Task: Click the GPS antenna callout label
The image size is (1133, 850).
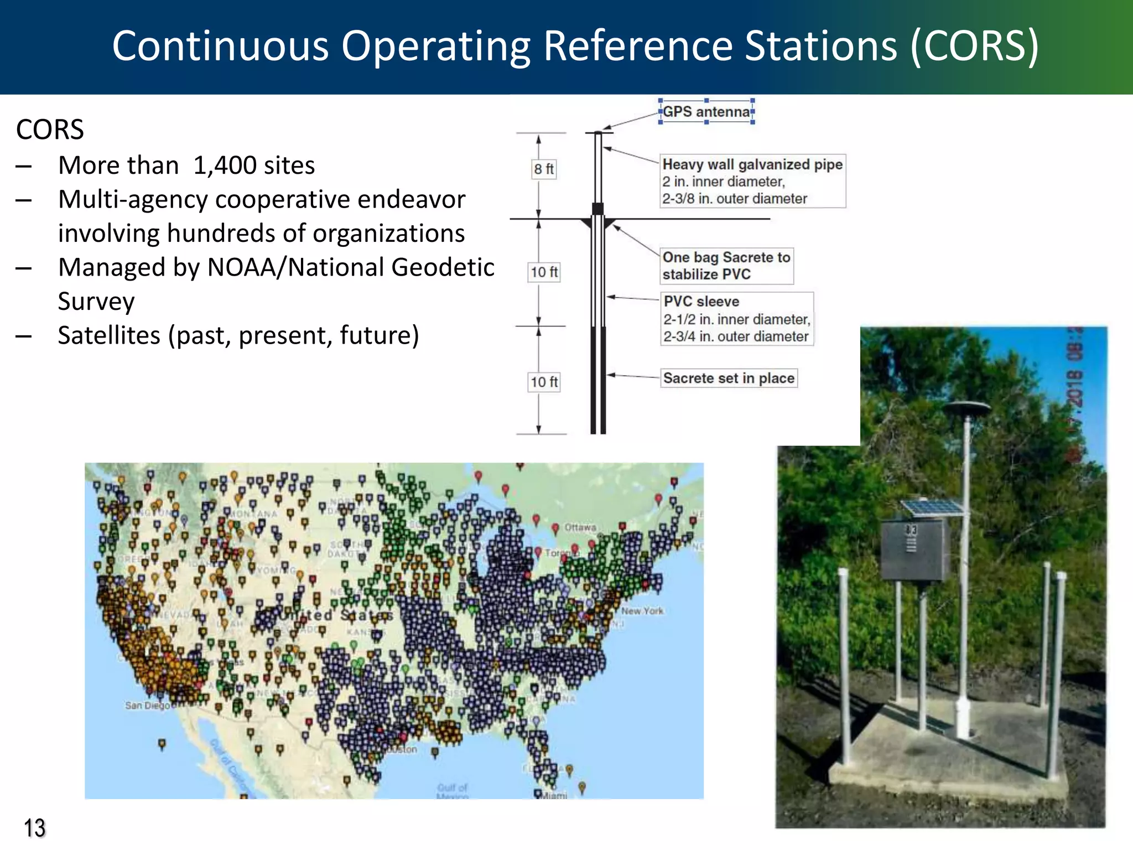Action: click(x=706, y=112)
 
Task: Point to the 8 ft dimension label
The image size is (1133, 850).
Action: click(x=544, y=169)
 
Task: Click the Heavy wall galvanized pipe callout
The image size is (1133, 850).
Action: click(x=752, y=164)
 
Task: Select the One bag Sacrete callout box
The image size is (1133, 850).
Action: click(x=726, y=266)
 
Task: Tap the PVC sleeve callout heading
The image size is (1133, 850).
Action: click(x=701, y=302)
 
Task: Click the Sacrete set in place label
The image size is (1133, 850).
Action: click(x=729, y=379)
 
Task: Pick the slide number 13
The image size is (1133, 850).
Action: click(x=34, y=828)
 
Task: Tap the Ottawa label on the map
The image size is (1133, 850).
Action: click(x=580, y=527)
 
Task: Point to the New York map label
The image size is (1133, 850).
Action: click(x=642, y=611)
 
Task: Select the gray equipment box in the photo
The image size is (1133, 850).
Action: click(x=914, y=550)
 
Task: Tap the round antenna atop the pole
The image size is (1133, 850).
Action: click(x=966, y=410)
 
